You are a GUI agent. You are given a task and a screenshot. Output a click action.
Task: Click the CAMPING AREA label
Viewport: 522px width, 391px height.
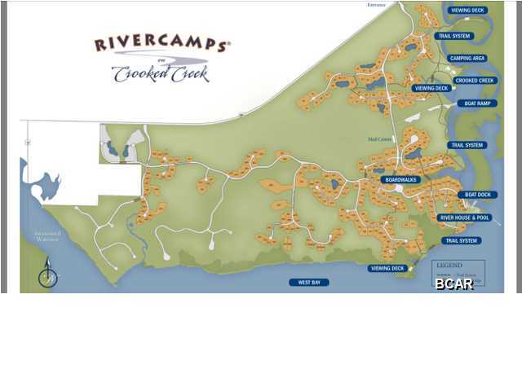click(x=467, y=59)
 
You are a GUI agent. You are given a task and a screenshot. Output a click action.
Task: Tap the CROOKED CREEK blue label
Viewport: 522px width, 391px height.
click(x=475, y=81)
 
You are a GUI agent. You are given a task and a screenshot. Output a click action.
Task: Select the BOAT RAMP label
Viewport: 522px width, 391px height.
click(x=477, y=103)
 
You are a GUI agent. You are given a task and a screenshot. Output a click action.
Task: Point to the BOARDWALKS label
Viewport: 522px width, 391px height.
click(x=400, y=179)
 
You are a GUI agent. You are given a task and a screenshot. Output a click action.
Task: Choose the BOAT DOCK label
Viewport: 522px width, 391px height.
click(x=478, y=195)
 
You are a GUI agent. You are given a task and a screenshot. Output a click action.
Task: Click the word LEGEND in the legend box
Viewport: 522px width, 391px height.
click(x=449, y=266)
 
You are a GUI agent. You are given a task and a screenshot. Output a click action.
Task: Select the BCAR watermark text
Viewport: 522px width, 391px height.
click(x=453, y=283)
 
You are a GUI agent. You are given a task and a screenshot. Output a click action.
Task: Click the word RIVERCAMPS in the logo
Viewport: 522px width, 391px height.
click(x=161, y=45)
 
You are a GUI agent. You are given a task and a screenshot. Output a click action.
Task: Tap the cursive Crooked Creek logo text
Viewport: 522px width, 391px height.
click(x=161, y=72)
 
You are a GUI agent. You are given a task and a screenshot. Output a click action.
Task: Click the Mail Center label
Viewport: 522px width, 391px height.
click(x=378, y=138)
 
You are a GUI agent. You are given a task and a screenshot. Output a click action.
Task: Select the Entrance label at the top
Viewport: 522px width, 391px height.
click(x=377, y=5)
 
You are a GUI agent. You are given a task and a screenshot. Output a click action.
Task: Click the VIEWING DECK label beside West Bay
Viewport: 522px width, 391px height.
click(x=387, y=268)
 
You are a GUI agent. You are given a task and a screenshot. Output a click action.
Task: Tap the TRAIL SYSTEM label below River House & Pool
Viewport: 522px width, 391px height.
click(x=461, y=241)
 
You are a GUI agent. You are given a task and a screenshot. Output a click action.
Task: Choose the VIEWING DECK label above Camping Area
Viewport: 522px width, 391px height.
click(x=467, y=11)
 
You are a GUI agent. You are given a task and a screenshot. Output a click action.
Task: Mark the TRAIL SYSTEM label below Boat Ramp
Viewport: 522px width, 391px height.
click(x=467, y=145)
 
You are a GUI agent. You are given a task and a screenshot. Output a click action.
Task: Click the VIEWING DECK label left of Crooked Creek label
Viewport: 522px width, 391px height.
click(x=431, y=88)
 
